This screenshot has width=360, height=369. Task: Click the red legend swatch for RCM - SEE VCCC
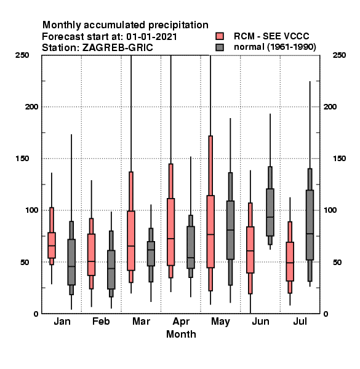click(220, 36)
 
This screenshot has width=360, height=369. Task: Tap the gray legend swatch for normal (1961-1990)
click(220, 47)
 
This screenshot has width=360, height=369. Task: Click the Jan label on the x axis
click(62, 322)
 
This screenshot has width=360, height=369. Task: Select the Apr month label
click(181, 322)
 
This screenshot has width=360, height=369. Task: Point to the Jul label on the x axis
click(300, 322)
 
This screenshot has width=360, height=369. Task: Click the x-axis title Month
click(181, 334)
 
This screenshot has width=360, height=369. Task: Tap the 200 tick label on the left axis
click(31, 107)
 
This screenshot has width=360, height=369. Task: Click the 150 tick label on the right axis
click(339, 159)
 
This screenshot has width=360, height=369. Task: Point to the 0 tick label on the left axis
click(36, 314)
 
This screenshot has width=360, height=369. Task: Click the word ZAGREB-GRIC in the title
click(118, 48)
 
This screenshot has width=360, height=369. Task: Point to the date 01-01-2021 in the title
click(151, 37)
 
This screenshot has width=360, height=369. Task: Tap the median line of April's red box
click(170, 239)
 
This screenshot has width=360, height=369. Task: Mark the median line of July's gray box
click(310, 234)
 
